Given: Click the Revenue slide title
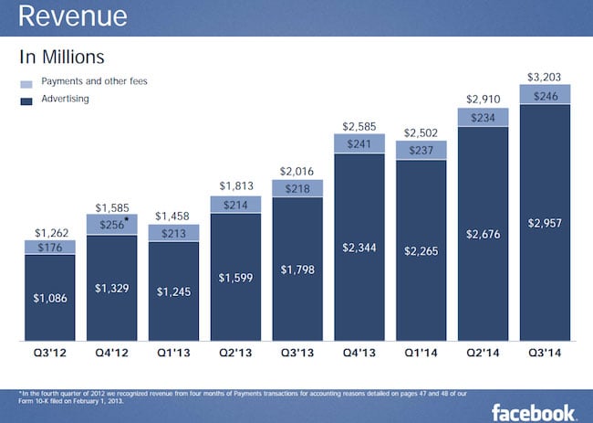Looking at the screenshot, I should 73,17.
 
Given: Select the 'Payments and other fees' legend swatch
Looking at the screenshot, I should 27,83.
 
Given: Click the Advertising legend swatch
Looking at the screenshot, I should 27,100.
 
